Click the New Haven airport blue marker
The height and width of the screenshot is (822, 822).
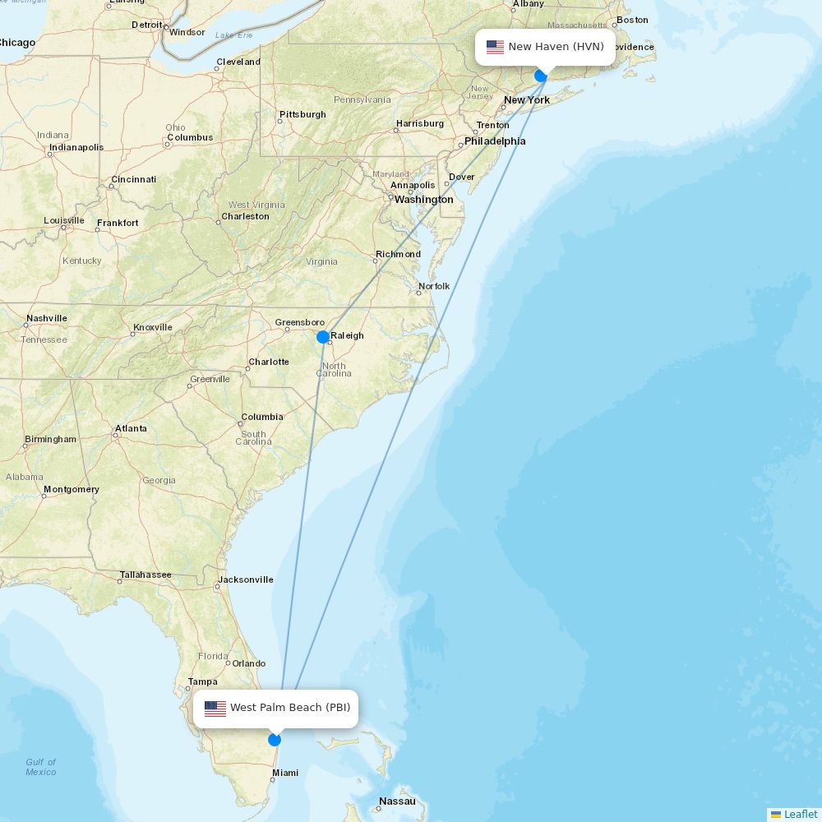pyautogui.click(x=541, y=76)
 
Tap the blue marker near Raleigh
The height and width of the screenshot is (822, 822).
pyautogui.click(x=323, y=337)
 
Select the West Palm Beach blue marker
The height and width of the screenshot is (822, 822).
pyautogui.click(x=275, y=740)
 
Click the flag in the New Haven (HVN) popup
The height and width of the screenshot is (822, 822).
pyautogui.click(x=495, y=47)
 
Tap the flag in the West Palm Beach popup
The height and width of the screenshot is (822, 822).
pyautogui.click(x=215, y=708)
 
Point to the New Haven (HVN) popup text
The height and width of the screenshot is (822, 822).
pyautogui.click(x=556, y=47)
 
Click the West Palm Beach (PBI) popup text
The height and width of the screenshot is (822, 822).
pyautogui.click(x=289, y=708)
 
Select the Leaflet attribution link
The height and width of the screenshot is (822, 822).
pyautogui.click(x=800, y=814)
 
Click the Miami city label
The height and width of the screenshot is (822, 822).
pyautogui.click(x=285, y=773)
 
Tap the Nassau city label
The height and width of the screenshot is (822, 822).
pyautogui.click(x=397, y=801)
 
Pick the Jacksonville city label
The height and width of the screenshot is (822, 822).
pyautogui.click(x=246, y=580)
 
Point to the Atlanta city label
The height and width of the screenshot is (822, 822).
pyautogui.click(x=131, y=428)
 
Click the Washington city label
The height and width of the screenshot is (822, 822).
pyautogui.click(x=423, y=200)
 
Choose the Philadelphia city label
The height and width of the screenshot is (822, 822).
pyautogui.click(x=495, y=141)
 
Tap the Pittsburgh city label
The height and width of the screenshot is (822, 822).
pyautogui.click(x=302, y=114)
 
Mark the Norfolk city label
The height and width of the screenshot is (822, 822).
pyautogui.click(x=434, y=286)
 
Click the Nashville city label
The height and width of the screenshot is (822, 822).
pyautogui.click(x=47, y=318)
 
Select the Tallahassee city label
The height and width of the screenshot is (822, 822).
pyautogui.click(x=145, y=575)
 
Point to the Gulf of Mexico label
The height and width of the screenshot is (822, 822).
pyautogui.click(x=41, y=767)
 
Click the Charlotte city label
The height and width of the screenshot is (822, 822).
pyautogui.click(x=269, y=362)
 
